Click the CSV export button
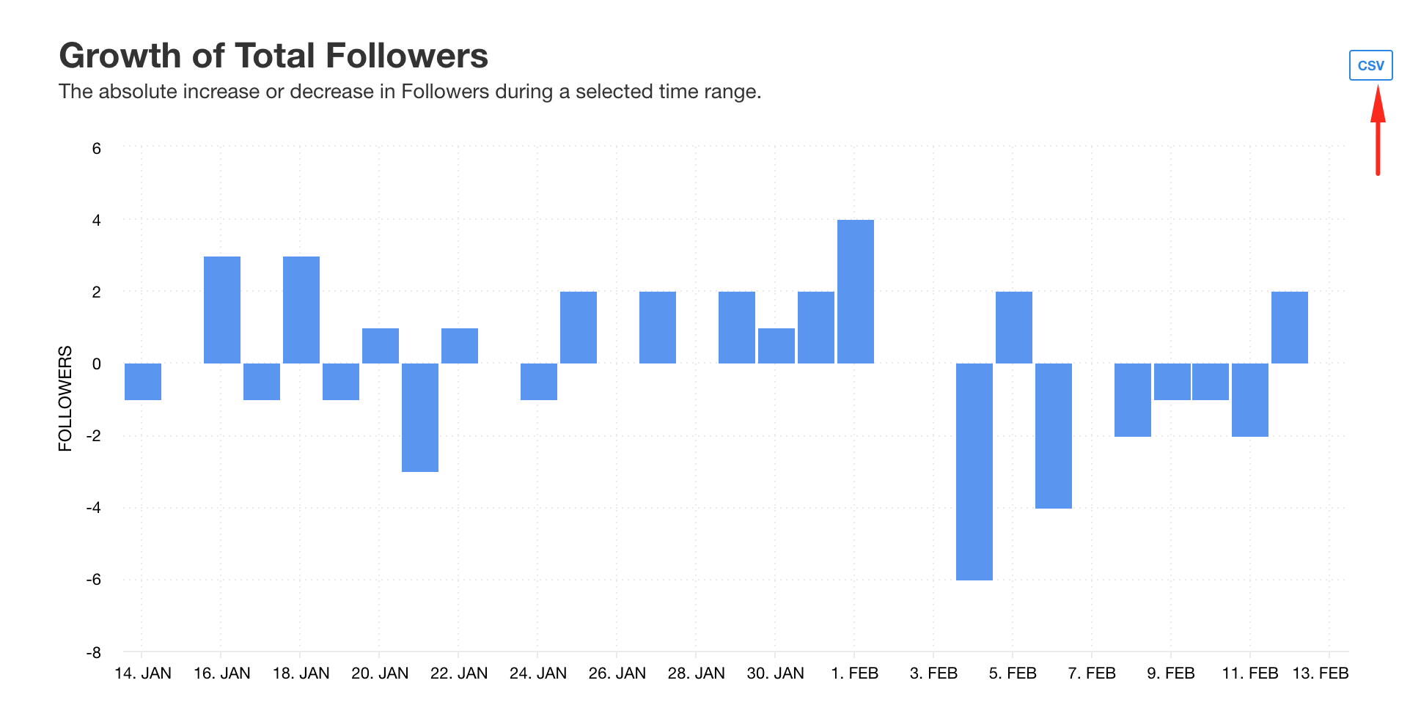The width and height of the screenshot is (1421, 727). (1370, 65)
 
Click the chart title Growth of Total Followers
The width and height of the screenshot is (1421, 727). (273, 56)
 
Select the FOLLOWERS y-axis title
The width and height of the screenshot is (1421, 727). (66, 398)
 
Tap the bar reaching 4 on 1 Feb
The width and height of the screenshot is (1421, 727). (855, 291)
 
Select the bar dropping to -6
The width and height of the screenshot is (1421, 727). (974, 471)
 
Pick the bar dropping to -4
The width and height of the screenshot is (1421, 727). (1053, 435)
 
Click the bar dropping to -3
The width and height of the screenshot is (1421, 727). (420, 417)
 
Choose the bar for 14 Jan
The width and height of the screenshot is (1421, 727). (143, 381)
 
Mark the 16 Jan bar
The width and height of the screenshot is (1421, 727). (222, 309)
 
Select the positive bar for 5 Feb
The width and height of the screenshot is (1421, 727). (1013, 327)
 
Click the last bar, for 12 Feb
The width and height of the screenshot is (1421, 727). (1289, 327)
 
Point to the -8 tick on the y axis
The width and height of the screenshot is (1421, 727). (93, 652)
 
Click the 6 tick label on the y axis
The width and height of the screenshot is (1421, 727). (96, 148)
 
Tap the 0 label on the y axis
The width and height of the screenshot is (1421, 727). (96, 364)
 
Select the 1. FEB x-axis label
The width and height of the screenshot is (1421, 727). (854, 673)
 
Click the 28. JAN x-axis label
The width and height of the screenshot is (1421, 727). (696, 673)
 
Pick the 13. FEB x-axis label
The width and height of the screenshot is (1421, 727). (1320, 673)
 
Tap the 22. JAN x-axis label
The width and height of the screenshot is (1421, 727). (458, 673)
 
